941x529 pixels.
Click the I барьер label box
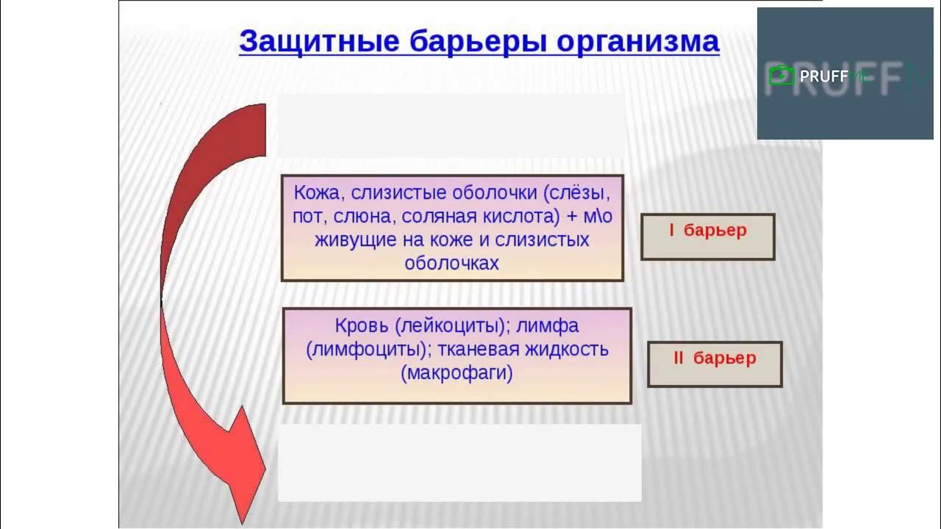(x=707, y=236)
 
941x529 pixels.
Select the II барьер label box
(x=715, y=364)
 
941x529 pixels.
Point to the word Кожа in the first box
(x=318, y=193)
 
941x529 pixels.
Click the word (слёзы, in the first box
(x=578, y=193)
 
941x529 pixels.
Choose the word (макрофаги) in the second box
(x=457, y=373)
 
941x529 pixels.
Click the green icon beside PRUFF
(x=781, y=76)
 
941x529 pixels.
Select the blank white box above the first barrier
(x=451, y=125)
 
